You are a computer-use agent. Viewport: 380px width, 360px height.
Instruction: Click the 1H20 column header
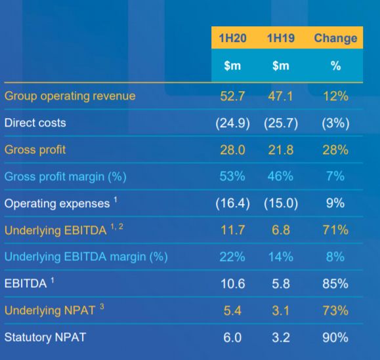point(232,38)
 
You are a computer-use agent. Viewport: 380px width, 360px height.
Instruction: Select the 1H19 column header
point(281,38)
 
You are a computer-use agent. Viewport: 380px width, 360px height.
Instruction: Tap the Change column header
point(335,38)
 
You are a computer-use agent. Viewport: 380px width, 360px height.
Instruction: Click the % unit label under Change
point(335,66)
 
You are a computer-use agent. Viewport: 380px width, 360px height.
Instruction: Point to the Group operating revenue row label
point(70,96)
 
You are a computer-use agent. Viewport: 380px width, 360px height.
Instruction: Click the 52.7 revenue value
point(232,96)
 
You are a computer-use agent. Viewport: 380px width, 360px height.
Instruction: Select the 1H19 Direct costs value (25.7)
point(281,123)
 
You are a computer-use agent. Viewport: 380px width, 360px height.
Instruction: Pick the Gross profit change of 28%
point(335,150)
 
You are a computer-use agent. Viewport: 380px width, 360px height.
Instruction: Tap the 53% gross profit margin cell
point(232,176)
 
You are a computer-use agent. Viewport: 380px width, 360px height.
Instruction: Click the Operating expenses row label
point(57,203)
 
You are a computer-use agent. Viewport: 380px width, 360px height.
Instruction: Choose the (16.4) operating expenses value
point(232,203)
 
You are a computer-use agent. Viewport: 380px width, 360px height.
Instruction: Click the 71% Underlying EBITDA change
point(335,230)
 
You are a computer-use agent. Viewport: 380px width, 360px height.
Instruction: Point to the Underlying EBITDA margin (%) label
point(86,257)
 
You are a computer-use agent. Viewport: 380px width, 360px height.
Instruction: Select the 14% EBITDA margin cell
point(281,257)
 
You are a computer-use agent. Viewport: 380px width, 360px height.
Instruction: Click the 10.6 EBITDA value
point(232,284)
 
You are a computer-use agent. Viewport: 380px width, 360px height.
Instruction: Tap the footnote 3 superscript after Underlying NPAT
point(102,307)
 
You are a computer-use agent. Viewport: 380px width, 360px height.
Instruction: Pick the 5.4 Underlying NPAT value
point(232,311)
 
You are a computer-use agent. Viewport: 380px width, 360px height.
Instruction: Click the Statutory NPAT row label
point(45,337)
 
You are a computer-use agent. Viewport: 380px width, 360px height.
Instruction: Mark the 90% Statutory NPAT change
point(335,338)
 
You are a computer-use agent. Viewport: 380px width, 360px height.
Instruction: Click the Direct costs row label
point(35,123)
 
